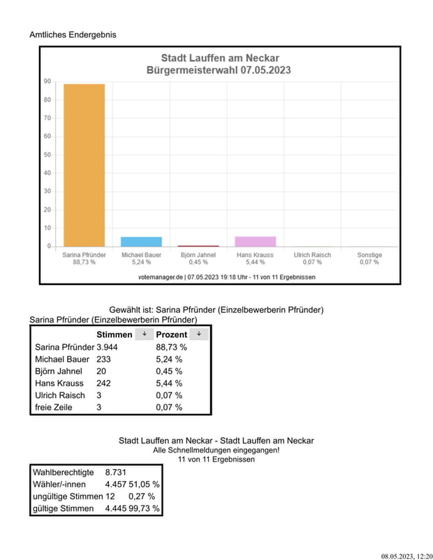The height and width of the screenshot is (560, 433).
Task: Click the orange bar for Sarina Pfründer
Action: click(85, 165)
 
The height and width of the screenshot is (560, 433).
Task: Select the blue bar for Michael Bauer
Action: click(142, 242)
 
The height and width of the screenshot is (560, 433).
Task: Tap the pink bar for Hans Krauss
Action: click(256, 242)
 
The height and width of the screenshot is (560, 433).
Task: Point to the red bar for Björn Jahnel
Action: click(198, 246)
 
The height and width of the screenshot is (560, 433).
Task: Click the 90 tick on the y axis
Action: click(47, 82)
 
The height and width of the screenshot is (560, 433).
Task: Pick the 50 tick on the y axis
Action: click(47, 154)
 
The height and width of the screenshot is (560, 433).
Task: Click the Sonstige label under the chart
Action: click(369, 255)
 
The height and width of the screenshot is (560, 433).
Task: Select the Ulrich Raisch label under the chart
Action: click(312, 255)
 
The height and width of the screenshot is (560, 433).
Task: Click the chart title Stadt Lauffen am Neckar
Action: click(220, 58)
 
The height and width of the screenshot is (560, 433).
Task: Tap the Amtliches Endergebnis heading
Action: click(73, 35)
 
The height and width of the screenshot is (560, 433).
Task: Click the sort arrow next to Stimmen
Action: click(145, 334)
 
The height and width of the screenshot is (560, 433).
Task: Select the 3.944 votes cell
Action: click(107, 347)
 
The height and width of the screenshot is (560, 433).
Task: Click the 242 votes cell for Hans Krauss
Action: click(103, 383)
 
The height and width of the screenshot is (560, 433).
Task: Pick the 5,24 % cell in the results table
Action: click(169, 360)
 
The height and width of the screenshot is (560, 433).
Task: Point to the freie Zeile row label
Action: click(54, 407)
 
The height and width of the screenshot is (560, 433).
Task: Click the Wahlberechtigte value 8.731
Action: click(116, 472)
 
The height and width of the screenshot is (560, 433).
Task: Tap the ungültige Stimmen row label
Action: click(68, 496)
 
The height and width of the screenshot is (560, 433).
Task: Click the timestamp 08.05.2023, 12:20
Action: click(407, 557)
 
